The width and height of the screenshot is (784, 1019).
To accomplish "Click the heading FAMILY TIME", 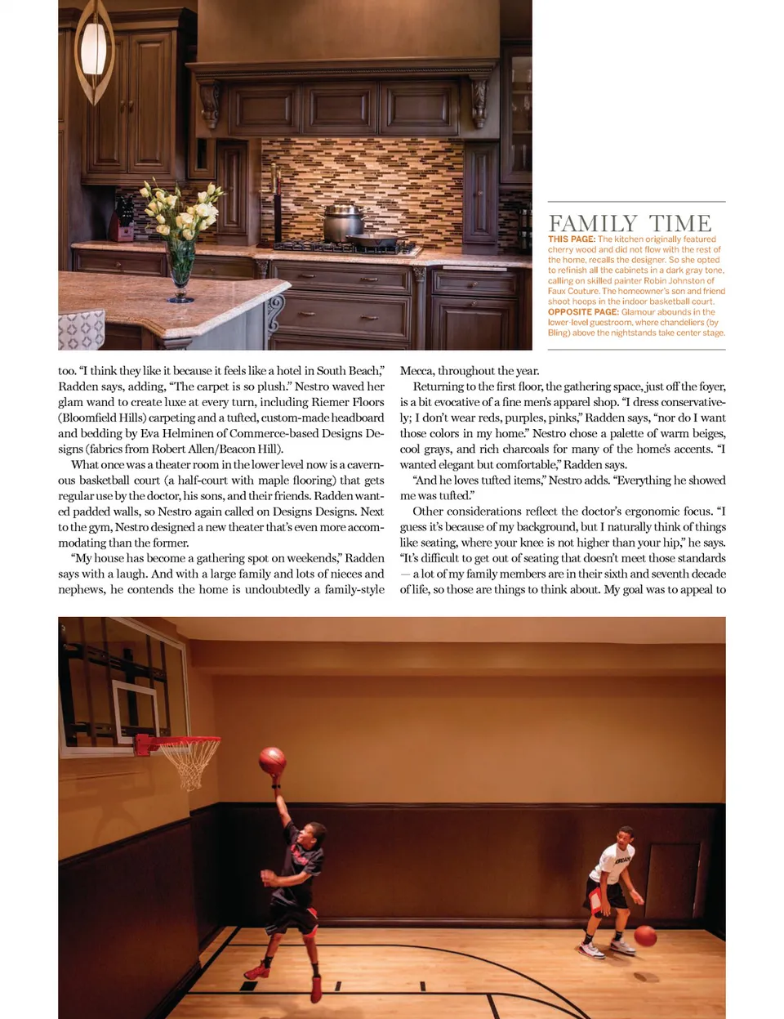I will (630, 223).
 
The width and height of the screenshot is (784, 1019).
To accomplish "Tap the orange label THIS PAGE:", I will (572, 239).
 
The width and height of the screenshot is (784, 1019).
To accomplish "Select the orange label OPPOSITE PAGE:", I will (583, 312).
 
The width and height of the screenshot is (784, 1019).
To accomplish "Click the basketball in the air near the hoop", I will (272, 761).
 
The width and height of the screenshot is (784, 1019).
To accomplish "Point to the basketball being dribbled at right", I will (645, 936).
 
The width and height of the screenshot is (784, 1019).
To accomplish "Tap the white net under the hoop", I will (190, 765).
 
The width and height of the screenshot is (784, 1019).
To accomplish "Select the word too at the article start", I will (66, 371).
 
